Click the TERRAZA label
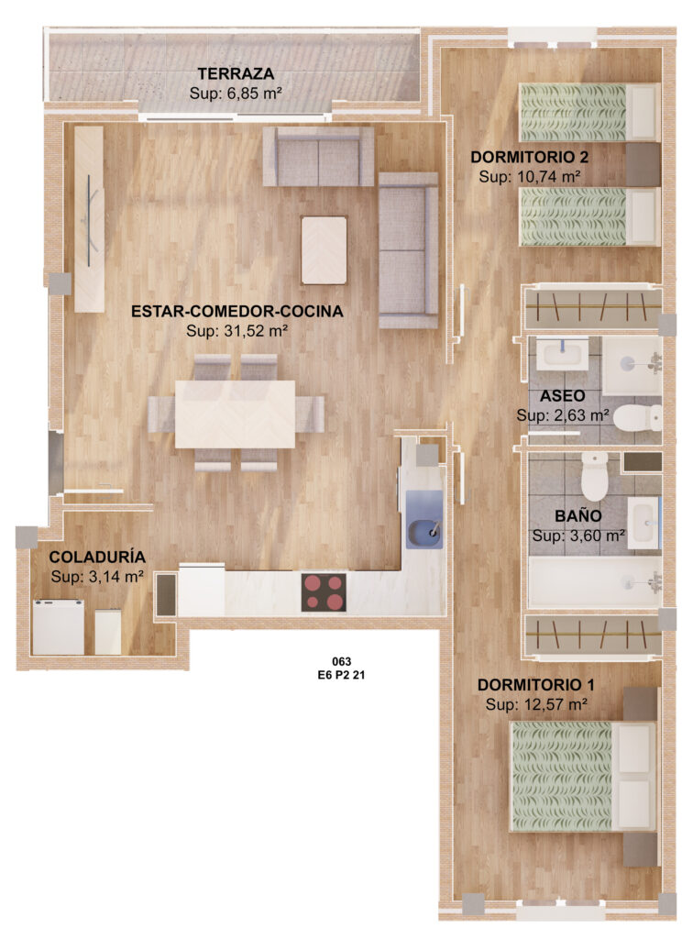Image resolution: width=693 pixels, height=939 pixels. pyautogui.click(x=236, y=73)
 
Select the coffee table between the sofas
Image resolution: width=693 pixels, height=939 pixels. pyautogui.click(x=324, y=250)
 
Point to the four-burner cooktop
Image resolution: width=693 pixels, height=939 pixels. pyautogui.click(x=324, y=592)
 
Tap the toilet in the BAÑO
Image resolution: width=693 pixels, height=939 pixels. pyautogui.click(x=594, y=476)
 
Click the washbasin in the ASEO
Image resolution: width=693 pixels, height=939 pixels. pyautogui.click(x=562, y=353)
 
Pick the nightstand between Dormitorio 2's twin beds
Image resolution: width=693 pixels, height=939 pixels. pyautogui.click(x=643, y=165)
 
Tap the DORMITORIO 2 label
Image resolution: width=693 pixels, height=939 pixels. pyautogui.click(x=530, y=157)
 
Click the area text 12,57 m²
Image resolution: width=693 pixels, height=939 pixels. pyautogui.click(x=553, y=704)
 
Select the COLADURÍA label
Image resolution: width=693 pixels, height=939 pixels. pyautogui.click(x=97, y=557)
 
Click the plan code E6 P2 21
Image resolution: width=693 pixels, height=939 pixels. pyautogui.click(x=342, y=675)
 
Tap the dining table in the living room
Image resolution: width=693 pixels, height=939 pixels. pyautogui.click(x=236, y=414)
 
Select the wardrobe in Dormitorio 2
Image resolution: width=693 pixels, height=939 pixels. pyautogui.click(x=592, y=307)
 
